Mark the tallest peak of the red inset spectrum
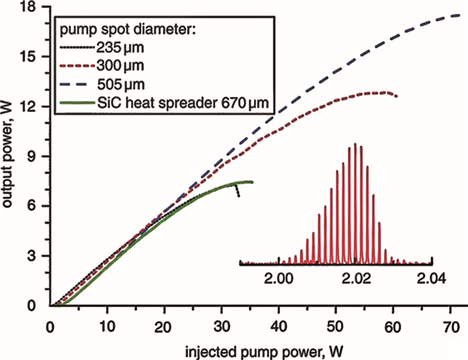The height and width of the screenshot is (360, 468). (356, 144)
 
